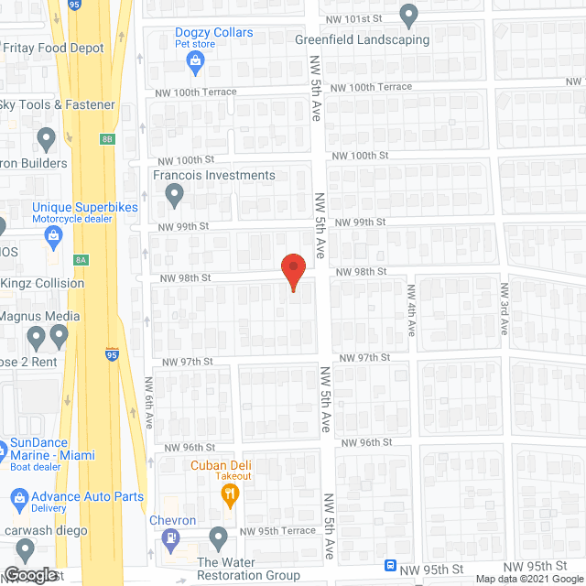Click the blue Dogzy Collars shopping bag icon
point(194,61)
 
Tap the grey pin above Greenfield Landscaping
point(408,16)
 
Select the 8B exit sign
point(107,139)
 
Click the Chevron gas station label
point(174,521)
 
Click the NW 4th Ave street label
point(411,308)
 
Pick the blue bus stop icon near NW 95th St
point(391,565)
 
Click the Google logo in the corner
point(30,575)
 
